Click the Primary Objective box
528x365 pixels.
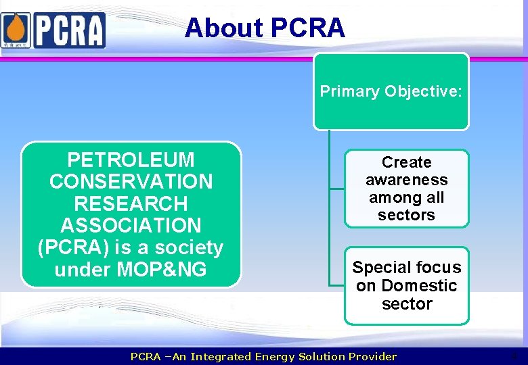pyautogui.click(x=391, y=91)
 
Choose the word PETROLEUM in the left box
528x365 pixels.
pyautogui.click(x=131, y=160)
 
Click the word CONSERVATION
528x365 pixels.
pyautogui.click(x=131, y=182)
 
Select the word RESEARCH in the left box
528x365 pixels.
pyautogui.click(x=131, y=203)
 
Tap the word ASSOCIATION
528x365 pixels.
pyautogui.click(x=131, y=225)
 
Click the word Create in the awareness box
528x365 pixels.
pyautogui.click(x=406, y=162)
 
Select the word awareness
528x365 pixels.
pyautogui.click(x=406, y=180)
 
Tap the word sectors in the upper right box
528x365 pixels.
pyautogui.click(x=406, y=215)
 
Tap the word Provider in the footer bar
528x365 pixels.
pyautogui.click(x=373, y=356)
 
